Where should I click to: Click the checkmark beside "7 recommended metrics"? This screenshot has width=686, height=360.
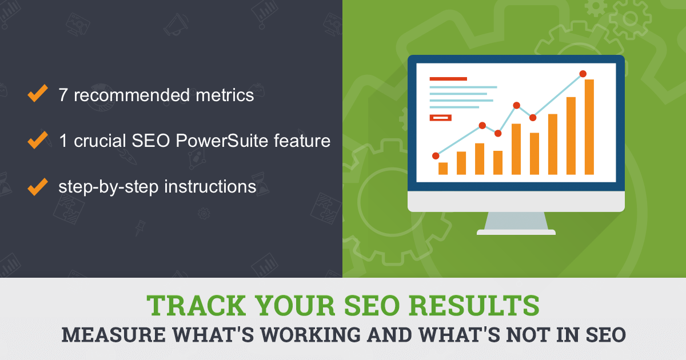(37, 94)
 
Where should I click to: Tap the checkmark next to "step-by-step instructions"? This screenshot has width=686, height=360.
(37, 186)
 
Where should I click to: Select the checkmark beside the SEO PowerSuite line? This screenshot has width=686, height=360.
(37, 140)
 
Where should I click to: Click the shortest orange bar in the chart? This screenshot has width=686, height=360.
(443, 168)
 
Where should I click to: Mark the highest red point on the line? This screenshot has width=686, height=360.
(583, 74)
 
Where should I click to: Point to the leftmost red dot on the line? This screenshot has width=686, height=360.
(436, 155)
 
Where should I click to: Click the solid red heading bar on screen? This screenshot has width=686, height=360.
(448, 79)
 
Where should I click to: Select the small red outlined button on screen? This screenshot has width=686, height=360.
(440, 118)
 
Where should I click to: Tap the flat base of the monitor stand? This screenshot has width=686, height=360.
(516, 232)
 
